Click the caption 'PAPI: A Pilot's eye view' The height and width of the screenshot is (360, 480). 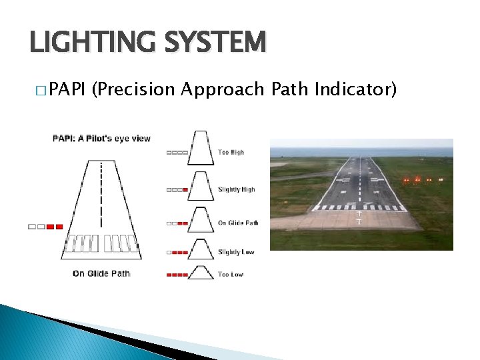tap(102, 139)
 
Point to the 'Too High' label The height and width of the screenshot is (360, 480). tap(231, 153)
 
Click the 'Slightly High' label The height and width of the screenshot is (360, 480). tap(237, 189)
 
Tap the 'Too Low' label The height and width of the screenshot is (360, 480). tap(231, 274)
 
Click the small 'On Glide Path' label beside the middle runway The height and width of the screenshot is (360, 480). tap(238, 223)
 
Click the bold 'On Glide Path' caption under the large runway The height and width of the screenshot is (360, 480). tap(101, 273)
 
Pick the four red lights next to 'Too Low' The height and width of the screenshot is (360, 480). tap(177, 274)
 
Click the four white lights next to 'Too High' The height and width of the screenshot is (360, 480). tap(177, 153)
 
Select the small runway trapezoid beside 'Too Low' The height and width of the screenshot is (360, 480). tap(200, 273)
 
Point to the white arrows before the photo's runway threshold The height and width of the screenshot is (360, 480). tap(359, 218)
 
